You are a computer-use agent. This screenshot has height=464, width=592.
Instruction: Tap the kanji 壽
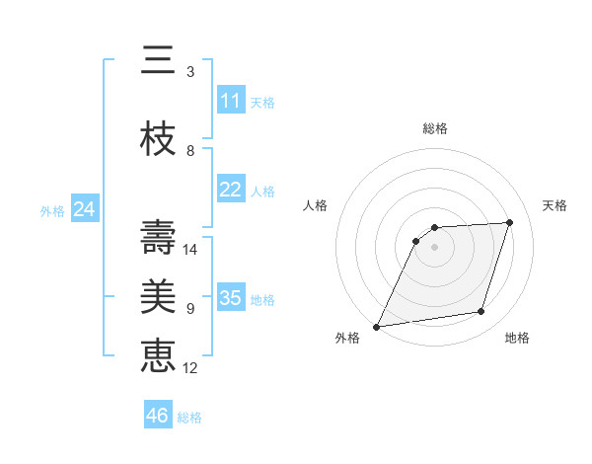point(158,237)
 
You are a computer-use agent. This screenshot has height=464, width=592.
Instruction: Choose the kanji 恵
point(158,355)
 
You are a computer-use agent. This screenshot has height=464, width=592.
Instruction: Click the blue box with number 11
point(231,101)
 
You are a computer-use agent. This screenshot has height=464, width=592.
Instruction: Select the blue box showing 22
point(231,190)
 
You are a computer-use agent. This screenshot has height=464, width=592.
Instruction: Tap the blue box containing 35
point(231,298)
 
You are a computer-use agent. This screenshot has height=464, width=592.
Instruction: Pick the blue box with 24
point(85,209)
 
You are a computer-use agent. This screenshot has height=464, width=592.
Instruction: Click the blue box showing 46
point(158,416)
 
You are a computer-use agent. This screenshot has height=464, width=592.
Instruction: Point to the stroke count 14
point(191,250)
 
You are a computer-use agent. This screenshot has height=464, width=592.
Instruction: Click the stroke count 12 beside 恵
point(191,368)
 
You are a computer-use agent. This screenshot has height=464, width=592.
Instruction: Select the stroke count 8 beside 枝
point(190,151)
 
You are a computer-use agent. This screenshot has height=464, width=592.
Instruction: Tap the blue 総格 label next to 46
point(189,418)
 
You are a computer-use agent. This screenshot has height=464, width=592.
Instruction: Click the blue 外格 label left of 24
point(52,210)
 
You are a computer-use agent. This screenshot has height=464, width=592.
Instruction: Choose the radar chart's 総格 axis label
point(435,128)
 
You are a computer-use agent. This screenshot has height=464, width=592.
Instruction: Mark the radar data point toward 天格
point(510,222)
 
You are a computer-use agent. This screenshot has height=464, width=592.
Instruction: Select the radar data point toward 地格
point(481,312)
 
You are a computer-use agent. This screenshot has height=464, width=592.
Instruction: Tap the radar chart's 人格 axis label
point(316,205)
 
